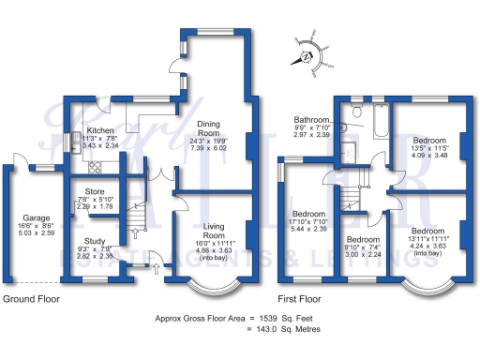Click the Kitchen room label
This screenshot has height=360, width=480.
(100, 131)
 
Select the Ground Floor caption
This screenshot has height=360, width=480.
(31, 298)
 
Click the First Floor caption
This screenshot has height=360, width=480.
(303, 298)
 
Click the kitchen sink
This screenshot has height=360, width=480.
(73, 142)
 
